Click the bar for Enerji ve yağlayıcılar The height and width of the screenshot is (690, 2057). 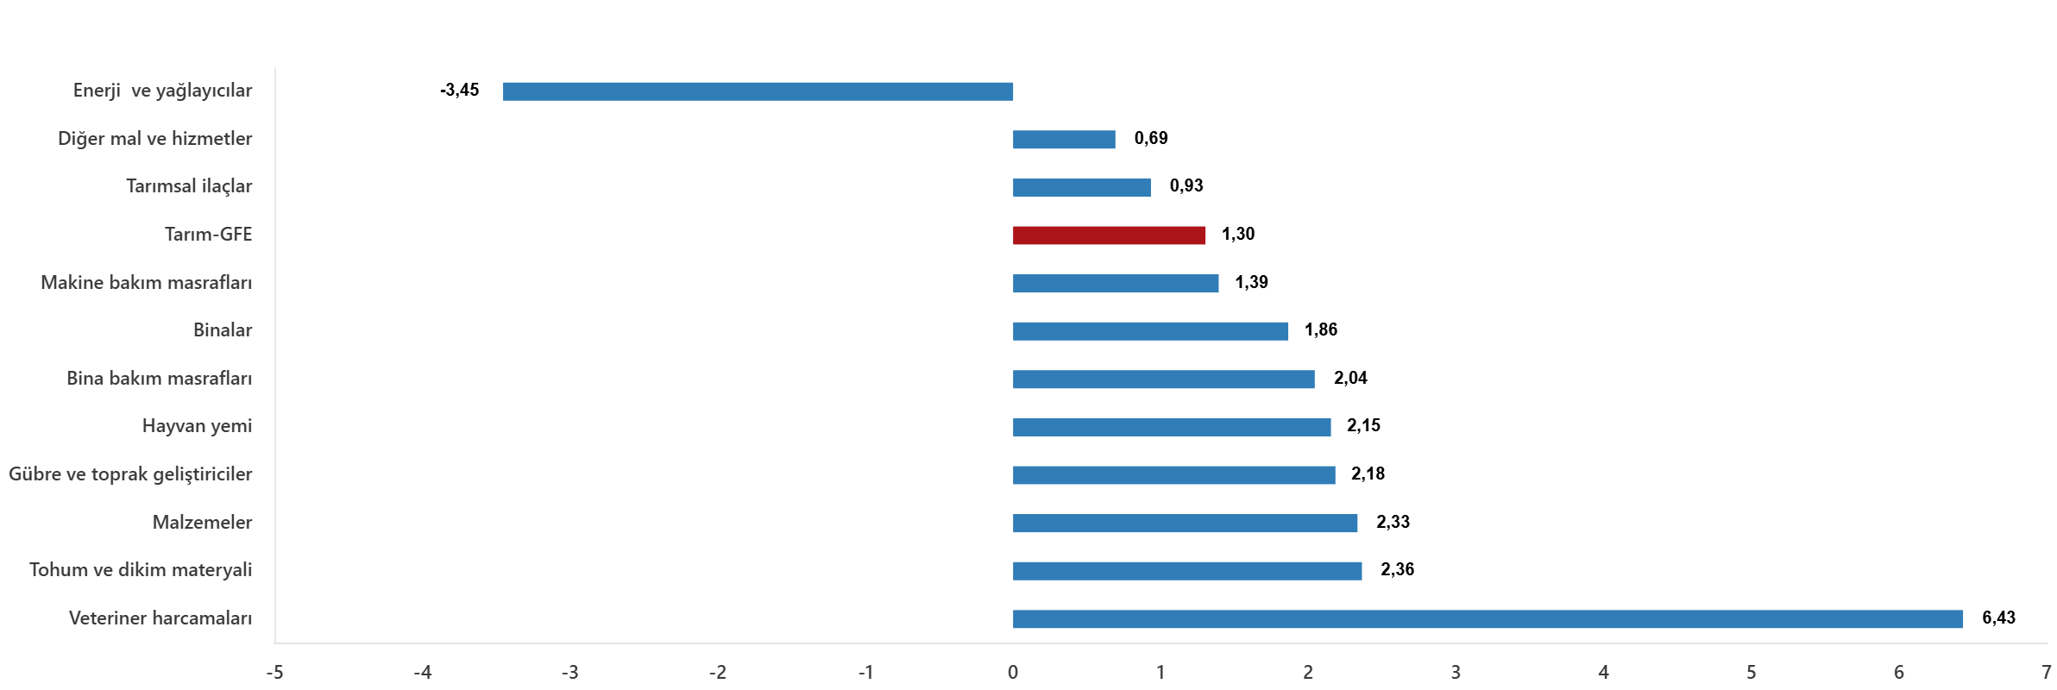point(758,91)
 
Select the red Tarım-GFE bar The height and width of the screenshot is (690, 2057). point(1109,235)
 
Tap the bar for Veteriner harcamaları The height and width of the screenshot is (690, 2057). point(1488,619)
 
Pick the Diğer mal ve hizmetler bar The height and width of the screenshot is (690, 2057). point(1064,140)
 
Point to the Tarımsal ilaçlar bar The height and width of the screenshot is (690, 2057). point(1081,187)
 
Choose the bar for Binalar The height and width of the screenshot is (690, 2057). point(1150,331)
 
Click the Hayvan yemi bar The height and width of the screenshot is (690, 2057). point(1172,427)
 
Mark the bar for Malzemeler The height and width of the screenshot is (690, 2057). point(1185,524)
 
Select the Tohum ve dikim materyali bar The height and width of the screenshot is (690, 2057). point(1187,571)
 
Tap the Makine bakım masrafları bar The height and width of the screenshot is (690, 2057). point(1116,284)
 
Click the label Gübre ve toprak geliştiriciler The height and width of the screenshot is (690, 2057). point(130,474)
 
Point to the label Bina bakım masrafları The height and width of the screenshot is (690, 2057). point(160,379)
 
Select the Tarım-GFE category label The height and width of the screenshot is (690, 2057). point(208,235)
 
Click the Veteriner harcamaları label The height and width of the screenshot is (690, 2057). point(160,618)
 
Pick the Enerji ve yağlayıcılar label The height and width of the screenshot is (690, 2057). point(162,91)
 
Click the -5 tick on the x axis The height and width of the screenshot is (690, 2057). point(274,672)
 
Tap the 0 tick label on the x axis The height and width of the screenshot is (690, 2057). point(1013,672)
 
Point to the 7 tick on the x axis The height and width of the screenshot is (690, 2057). point(2046,672)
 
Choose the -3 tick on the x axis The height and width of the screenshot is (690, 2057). point(569,672)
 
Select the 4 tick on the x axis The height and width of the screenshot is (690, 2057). point(1603,672)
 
